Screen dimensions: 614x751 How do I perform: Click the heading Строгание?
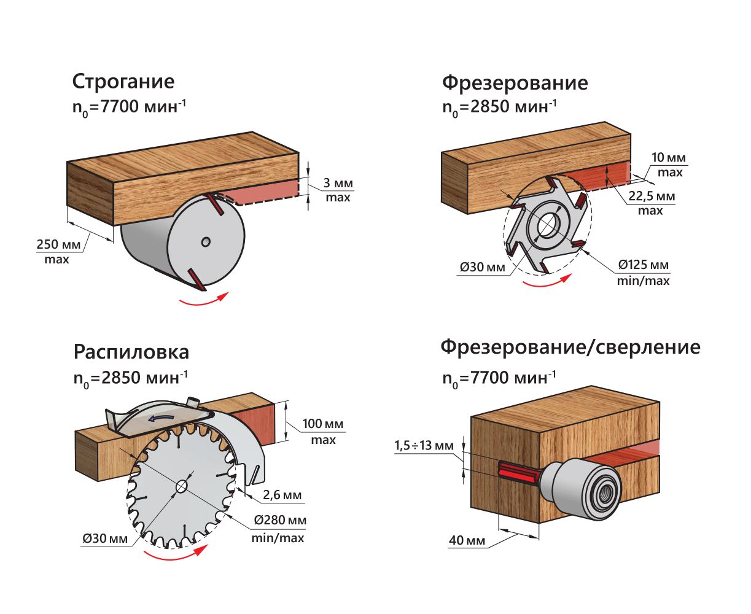123,82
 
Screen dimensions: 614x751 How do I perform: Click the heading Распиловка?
131,352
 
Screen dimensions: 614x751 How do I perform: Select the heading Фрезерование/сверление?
570,347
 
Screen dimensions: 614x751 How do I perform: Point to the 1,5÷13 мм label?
423,445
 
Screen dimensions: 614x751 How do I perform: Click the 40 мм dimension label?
467,540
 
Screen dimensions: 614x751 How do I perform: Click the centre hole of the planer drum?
206,243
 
